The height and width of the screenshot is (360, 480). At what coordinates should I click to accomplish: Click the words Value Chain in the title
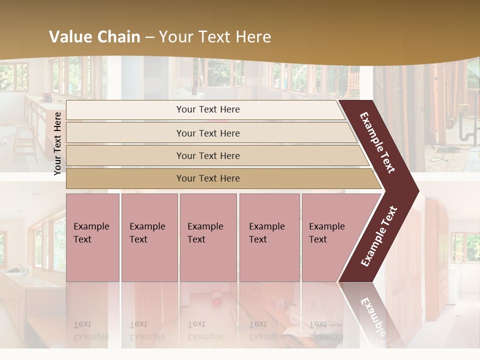[94, 37]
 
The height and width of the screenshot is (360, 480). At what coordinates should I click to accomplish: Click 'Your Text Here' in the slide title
[215, 37]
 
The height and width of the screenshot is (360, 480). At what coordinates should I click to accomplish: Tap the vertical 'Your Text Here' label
[57, 143]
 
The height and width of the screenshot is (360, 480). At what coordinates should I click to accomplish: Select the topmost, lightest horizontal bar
[207, 109]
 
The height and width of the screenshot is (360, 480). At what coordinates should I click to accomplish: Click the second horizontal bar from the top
[208, 133]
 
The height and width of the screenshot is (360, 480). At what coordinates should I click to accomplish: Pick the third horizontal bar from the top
[208, 155]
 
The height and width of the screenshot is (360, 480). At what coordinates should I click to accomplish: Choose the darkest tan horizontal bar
[208, 178]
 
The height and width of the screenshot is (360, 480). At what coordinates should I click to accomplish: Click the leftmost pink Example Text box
[92, 237]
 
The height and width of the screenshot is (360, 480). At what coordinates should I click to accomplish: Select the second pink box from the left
[149, 237]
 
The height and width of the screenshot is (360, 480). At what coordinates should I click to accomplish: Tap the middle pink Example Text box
[208, 237]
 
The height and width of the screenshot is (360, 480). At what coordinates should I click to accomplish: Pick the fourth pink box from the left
[269, 237]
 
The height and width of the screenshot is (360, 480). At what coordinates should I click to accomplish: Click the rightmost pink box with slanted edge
[330, 237]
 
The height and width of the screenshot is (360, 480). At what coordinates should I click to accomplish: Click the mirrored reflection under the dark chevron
[372, 312]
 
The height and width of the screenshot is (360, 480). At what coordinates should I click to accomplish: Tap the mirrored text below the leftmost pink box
[91, 330]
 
